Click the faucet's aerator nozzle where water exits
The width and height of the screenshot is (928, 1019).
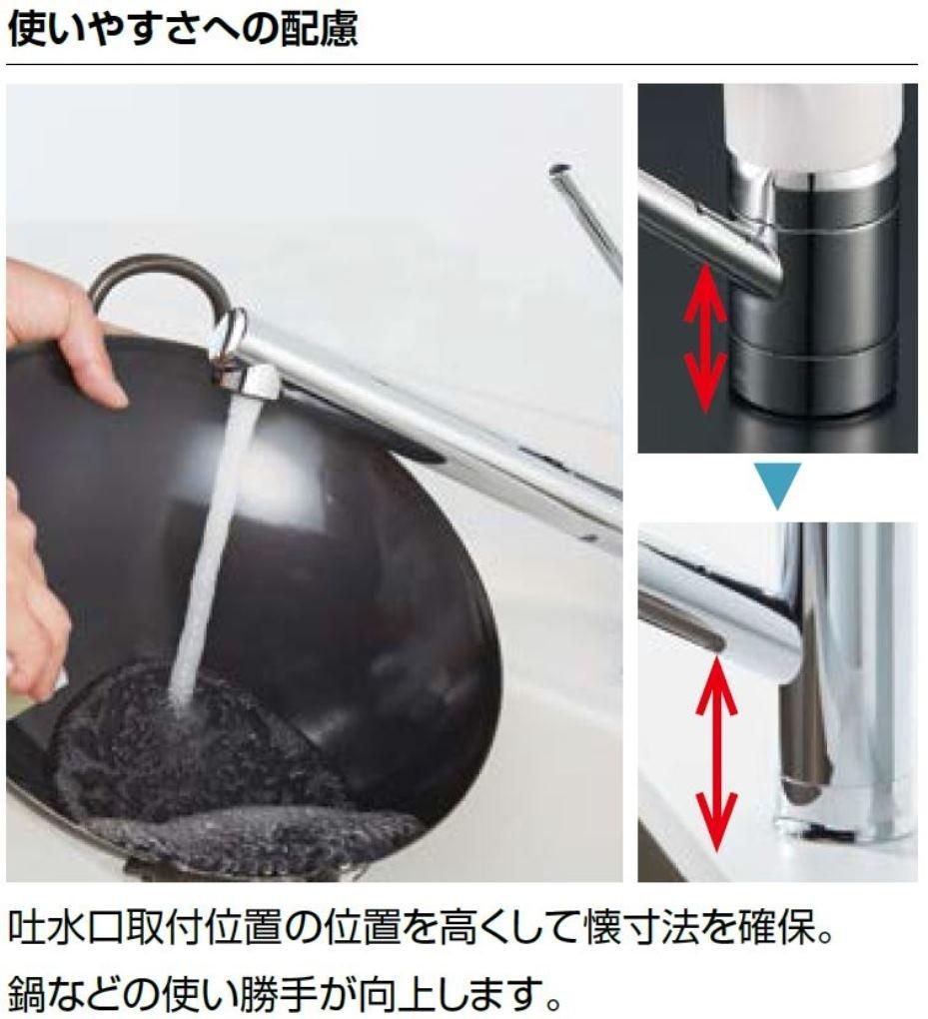coord(249,381)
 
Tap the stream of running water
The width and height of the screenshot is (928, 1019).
coord(208,552)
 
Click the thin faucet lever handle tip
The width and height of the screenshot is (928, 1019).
coord(558,172)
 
